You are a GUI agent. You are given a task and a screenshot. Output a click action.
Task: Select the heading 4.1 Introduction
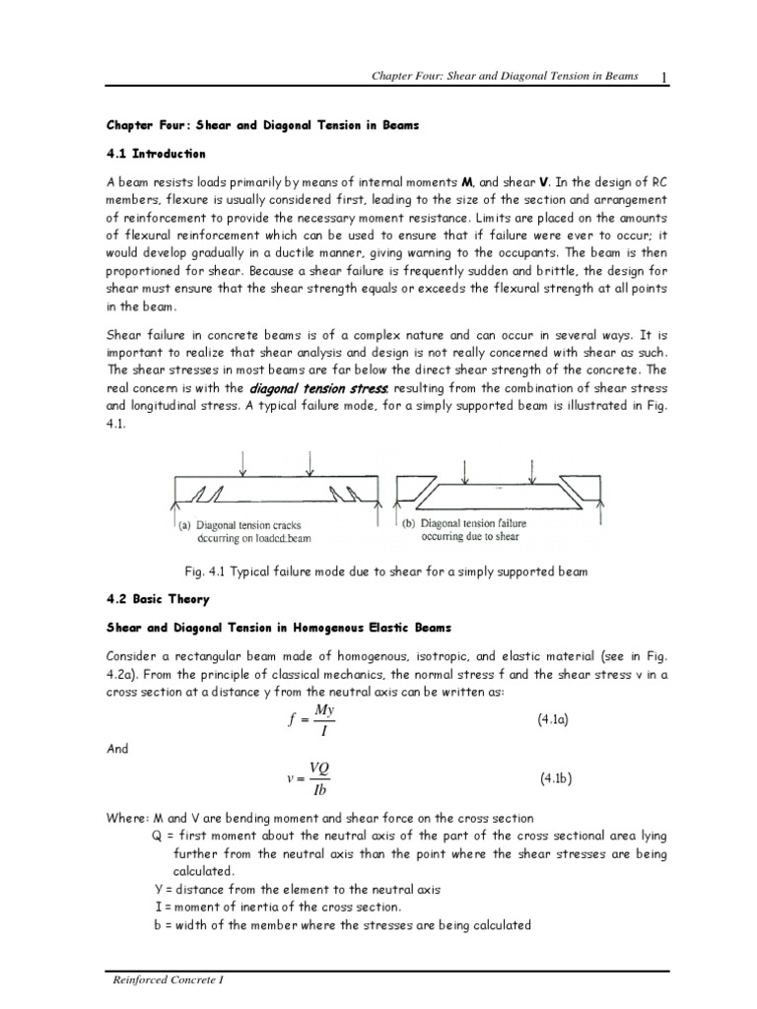(x=155, y=154)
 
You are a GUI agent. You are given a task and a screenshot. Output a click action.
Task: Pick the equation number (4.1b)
(x=557, y=777)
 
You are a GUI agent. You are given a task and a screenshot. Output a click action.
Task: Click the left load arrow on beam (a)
(x=243, y=460)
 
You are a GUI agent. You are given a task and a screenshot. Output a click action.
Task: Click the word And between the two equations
(x=117, y=748)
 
